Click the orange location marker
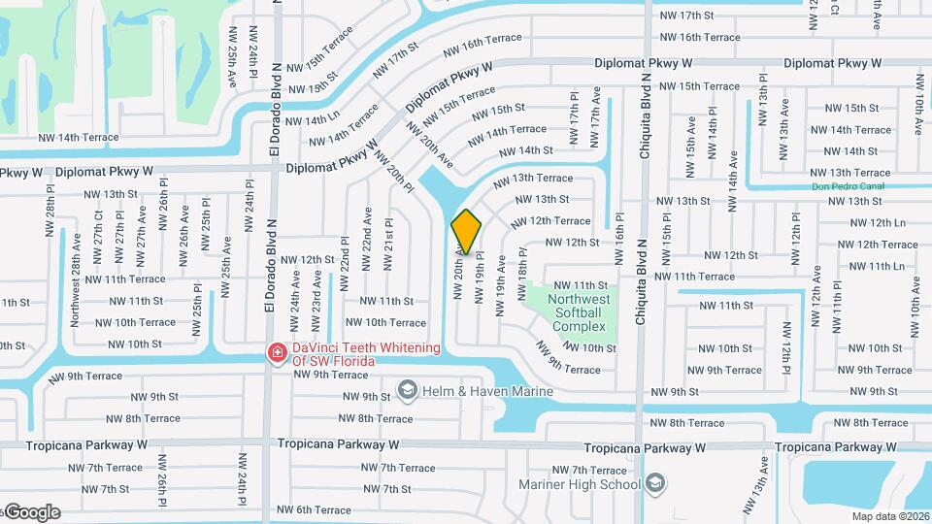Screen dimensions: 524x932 pyautogui.click(x=467, y=232)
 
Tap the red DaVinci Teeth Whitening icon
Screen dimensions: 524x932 pyautogui.click(x=277, y=352)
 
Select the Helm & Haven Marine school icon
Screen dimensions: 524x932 pyautogui.click(x=408, y=390)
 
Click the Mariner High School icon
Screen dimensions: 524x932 pyautogui.click(x=657, y=483)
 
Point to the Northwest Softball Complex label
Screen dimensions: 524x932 pyautogui.click(x=580, y=312)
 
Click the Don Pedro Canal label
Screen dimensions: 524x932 pyautogui.click(x=849, y=187)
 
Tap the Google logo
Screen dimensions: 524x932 pyautogui.click(x=31, y=512)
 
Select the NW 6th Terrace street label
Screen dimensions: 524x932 pyautogui.click(x=314, y=510)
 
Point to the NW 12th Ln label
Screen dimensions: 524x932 pyautogui.click(x=874, y=223)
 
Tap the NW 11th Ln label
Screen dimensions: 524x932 pyautogui.click(x=873, y=266)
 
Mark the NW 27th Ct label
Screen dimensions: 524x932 pyautogui.click(x=98, y=239)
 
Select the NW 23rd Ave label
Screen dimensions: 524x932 pyautogui.click(x=316, y=289)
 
